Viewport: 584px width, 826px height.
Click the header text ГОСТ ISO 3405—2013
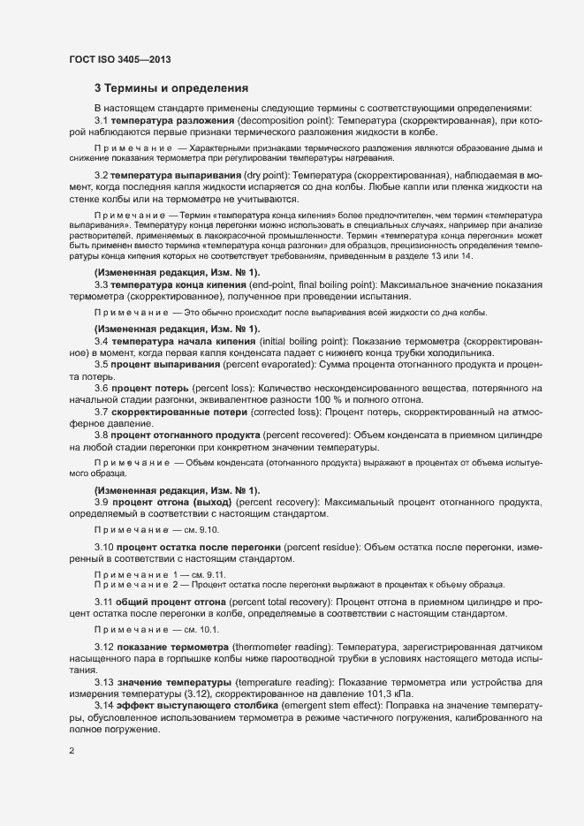tap(119, 59)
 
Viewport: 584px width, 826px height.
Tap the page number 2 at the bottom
tap(72, 751)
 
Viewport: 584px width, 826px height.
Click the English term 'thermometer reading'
tap(285, 649)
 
